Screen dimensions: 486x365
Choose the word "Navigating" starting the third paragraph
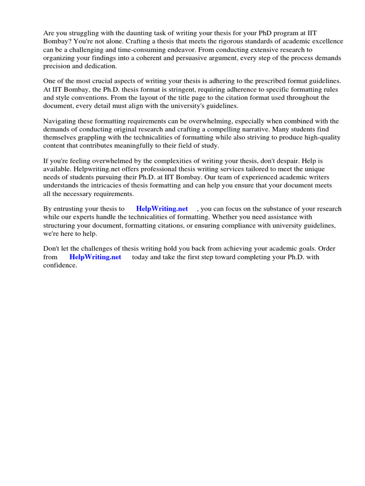point(60,121)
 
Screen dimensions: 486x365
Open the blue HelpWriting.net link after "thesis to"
point(162,209)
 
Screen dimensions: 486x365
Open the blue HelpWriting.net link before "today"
point(95,257)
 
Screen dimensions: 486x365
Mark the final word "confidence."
point(60,265)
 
